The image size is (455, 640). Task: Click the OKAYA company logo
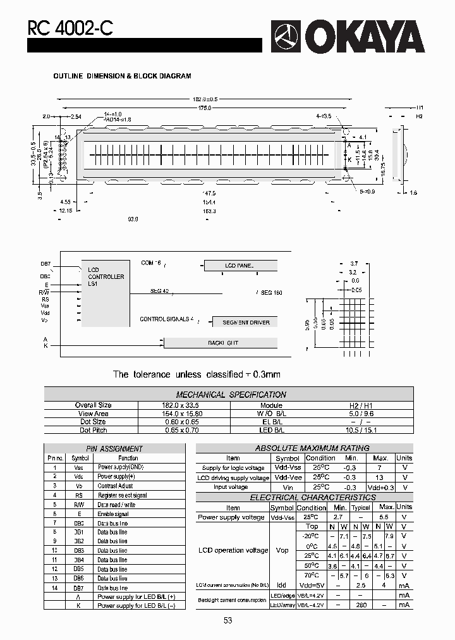click(348, 37)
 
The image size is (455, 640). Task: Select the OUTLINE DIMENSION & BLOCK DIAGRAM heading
click(122, 76)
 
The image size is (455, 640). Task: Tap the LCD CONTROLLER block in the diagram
click(106, 277)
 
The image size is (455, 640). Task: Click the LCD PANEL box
click(240, 266)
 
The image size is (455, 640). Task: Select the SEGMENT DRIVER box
click(246, 323)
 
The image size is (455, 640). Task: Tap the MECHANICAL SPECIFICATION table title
click(231, 395)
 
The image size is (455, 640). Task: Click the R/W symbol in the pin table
click(78, 505)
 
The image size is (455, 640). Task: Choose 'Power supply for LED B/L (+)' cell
click(136, 596)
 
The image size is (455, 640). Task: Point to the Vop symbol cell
click(282, 550)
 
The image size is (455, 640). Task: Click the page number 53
click(227, 620)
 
